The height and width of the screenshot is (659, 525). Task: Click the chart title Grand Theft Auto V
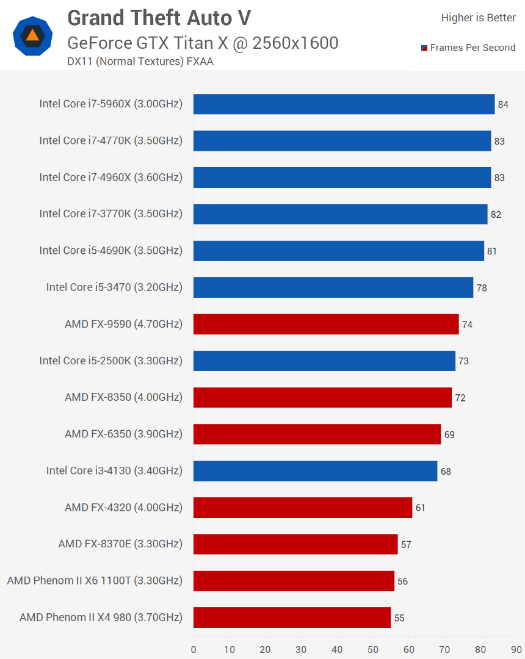[159, 18]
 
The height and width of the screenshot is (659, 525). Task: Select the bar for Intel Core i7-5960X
[344, 104]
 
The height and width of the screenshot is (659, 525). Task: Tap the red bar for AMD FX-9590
[326, 324]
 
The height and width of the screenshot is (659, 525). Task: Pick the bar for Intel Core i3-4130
[315, 471]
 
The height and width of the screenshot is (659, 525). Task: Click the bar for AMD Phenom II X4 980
[292, 618]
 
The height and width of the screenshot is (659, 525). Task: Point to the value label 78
[482, 288]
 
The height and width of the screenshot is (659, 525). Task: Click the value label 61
[420, 508]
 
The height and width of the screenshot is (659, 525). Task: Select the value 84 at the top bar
[503, 104]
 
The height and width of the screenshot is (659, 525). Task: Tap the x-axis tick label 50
[373, 649]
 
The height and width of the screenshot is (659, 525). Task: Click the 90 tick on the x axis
[516, 649]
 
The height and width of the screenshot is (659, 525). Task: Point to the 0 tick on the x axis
[194, 649]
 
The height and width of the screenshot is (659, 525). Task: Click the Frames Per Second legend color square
[424, 48]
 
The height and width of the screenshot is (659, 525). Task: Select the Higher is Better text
[478, 18]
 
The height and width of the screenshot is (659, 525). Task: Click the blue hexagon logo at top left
[32, 36]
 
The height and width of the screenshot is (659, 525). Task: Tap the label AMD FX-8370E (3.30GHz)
[120, 544]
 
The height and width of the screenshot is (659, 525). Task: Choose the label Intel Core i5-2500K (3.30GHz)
[110, 361]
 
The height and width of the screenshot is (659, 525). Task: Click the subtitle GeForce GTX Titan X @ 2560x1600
[203, 43]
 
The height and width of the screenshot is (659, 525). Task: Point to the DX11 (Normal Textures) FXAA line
[140, 60]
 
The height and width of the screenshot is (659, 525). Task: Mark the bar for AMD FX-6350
[317, 434]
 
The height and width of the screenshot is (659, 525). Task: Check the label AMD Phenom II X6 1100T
[95, 580]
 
